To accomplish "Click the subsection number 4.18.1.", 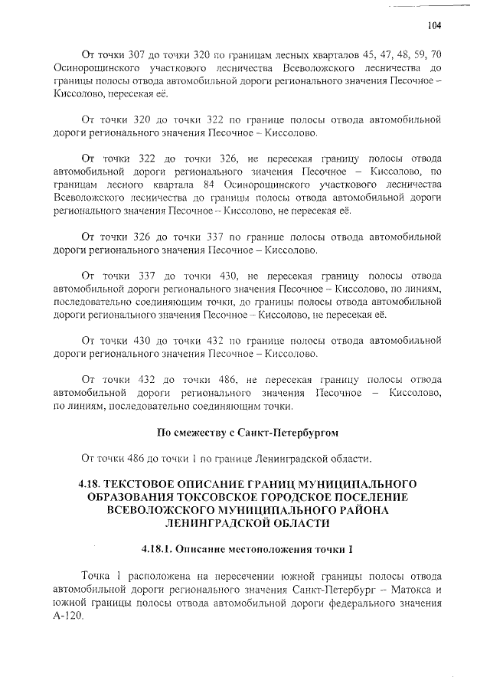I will point(162,549).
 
